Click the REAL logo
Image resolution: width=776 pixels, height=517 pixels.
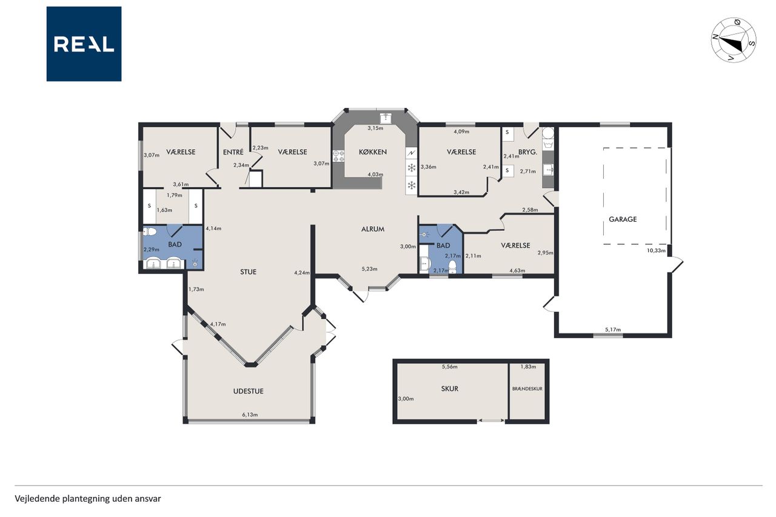tap(84, 44)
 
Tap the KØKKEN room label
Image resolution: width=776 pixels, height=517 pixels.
tap(373, 152)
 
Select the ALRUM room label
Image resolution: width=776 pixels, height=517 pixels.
tap(373, 229)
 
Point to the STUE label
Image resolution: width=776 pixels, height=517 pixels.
tap(248, 272)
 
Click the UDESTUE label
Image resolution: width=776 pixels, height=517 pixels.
tap(249, 391)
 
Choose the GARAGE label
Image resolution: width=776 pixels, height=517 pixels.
tap(623, 219)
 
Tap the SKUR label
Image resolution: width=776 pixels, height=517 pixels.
tap(450, 389)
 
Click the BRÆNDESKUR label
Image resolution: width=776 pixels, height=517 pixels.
tap(527, 389)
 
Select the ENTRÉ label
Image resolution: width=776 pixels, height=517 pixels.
tap(233, 152)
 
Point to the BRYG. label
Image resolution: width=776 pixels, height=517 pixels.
tap(527, 152)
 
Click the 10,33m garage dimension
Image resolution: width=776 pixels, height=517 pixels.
tap(656, 250)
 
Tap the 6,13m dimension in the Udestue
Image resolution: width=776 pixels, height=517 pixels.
tap(250, 415)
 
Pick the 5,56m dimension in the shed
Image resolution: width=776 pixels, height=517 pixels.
tap(450, 367)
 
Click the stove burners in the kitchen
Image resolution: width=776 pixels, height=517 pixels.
tap(338, 156)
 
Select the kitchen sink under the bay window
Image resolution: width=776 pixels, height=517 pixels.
tap(385, 118)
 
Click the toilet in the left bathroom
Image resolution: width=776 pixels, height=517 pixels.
tap(150, 232)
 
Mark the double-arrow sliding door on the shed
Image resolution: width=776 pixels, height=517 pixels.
tap(491, 421)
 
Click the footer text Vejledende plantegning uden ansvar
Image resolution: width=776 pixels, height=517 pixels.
tap(88, 499)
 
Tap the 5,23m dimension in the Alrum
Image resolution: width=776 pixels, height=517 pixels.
tap(369, 269)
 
